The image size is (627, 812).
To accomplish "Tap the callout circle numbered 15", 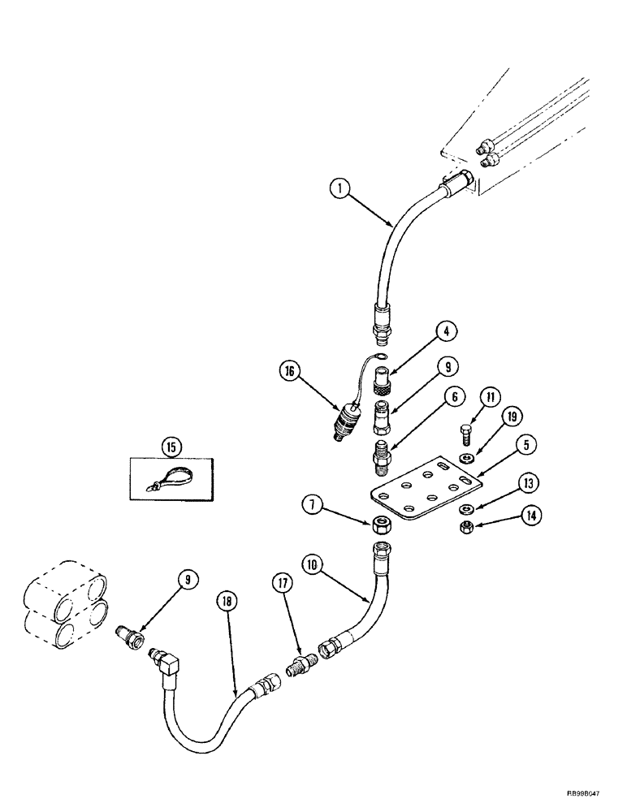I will click(172, 446).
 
